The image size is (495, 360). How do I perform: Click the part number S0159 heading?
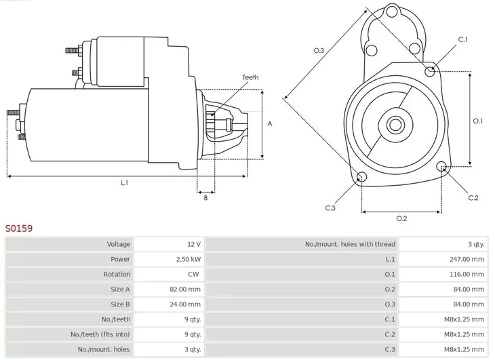click(19, 229)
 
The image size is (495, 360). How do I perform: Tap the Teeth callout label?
click(250, 78)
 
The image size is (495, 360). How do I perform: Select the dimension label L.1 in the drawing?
click(124, 182)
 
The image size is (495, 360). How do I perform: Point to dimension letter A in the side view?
click(270, 124)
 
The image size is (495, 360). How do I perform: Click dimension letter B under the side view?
click(205, 197)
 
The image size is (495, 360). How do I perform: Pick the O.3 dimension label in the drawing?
click(319, 50)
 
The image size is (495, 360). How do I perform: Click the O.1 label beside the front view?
click(477, 121)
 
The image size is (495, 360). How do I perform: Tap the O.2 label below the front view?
click(401, 218)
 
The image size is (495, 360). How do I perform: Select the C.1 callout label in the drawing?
click(463, 40)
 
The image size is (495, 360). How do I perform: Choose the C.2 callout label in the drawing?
click(473, 197)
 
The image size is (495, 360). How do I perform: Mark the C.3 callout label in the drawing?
click(330, 207)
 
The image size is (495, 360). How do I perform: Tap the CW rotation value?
click(193, 274)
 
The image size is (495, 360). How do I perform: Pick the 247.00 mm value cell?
click(469, 259)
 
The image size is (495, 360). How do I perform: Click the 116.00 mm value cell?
click(469, 274)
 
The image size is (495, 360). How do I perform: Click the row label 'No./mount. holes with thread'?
click(350, 244)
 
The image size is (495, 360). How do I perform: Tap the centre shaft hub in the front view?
click(395, 125)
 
